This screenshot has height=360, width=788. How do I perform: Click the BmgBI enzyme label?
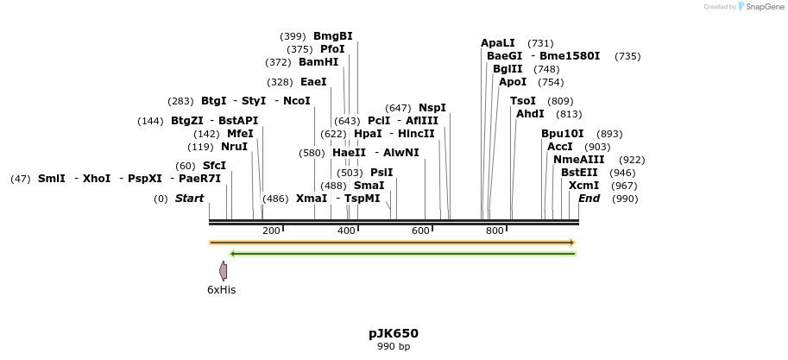pos(332,36)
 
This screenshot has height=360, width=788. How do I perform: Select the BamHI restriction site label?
pos(318,62)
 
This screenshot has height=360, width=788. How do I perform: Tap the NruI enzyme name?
pos(234,147)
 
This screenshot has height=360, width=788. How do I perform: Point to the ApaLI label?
pos(498,43)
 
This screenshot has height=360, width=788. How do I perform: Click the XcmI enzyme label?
pos(584,186)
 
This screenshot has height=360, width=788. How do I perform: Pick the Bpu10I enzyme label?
pos(563,134)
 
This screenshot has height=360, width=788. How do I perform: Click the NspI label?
pos(432,108)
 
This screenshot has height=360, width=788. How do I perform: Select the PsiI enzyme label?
pos(381,173)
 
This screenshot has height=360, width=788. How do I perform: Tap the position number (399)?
pos(293,36)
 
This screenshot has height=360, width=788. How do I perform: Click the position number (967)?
pos(624,186)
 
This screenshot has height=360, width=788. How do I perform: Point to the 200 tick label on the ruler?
pos(271,231)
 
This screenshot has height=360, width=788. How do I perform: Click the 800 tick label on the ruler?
pos(495,231)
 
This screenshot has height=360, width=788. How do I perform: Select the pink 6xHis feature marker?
pos(223,271)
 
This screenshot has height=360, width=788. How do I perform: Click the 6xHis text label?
pos(221,290)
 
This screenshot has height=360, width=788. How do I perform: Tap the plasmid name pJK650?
pos(394,333)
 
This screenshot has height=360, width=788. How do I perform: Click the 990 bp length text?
pos(394,347)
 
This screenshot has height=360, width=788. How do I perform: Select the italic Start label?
pos(189,199)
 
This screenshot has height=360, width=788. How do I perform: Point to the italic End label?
pos(589,199)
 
